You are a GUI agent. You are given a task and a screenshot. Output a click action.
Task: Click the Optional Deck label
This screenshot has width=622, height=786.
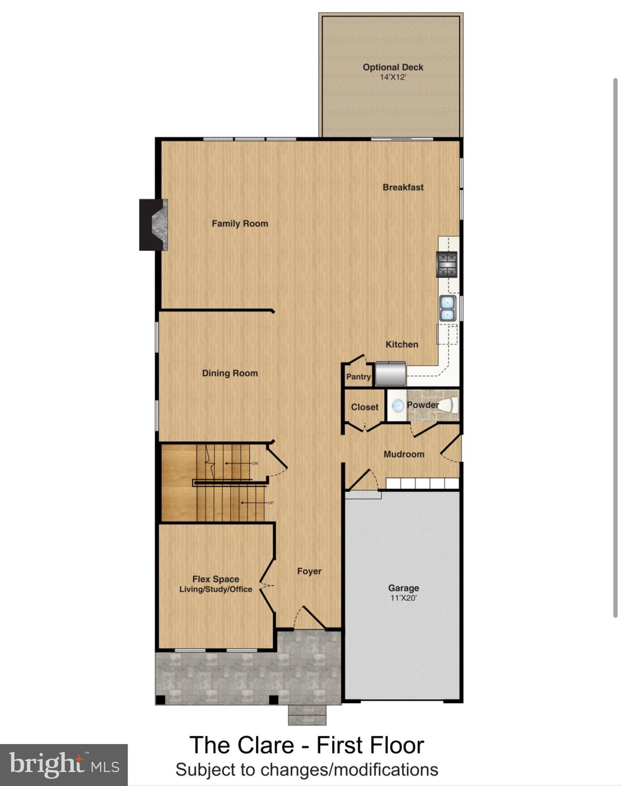coord(393,67)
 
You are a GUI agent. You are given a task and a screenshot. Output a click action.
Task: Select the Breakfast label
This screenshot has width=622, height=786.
coord(403,187)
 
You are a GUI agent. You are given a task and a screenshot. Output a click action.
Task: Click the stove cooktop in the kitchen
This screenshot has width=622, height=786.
coord(446,264)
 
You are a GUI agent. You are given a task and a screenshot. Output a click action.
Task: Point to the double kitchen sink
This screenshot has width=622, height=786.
coord(447,308)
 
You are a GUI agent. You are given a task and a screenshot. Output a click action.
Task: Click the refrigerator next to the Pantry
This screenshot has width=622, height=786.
coord(390,374)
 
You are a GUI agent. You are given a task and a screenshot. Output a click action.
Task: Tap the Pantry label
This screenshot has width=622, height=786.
coord(358,377)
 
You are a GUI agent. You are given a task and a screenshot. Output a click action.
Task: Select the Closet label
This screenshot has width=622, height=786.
coord(364,407)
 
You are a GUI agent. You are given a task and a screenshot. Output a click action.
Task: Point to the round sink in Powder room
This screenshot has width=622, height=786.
coord(397,406)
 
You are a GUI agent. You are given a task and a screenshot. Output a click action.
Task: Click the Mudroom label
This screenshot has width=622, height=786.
coord(403,454)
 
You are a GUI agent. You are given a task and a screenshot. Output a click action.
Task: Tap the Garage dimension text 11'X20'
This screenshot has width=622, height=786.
coord(403,598)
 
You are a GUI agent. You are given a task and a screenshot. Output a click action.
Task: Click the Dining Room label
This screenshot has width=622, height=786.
coord(230,374)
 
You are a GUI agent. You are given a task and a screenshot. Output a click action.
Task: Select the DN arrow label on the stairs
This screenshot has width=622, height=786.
coord(254,464)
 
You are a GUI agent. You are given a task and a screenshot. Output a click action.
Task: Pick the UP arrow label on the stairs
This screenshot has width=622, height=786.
coord(270,503)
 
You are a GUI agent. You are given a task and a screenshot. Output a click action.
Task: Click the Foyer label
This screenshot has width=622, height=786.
coord(309,571)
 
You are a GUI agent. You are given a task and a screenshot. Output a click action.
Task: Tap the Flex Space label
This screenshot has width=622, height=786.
coord(216,579)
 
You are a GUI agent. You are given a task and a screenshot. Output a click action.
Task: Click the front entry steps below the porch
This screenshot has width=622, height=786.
coord(307,714)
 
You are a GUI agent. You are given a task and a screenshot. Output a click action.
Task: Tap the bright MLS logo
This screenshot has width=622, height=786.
coord(63,765)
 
